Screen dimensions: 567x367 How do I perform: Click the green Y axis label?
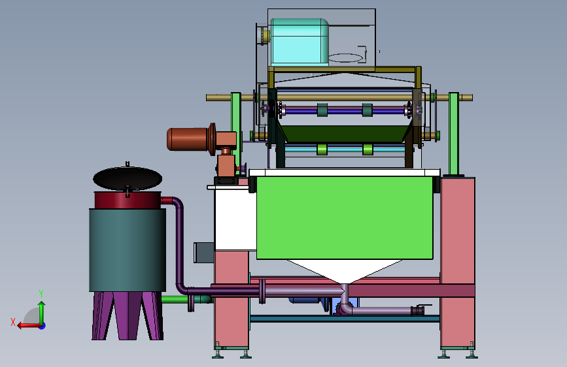pos(41,293)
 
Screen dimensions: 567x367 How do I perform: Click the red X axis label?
pos(13,322)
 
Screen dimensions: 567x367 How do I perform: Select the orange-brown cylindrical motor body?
pos(187,139)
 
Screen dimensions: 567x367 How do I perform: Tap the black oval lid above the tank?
pos(128,178)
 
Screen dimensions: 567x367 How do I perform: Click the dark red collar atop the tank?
pos(128,200)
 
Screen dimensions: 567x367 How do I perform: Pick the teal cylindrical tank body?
pos(128,250)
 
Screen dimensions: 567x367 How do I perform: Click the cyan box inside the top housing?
pos(300,42)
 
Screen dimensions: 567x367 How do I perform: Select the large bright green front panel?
pos(345,217)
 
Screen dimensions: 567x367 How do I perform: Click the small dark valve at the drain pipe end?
pos(418,310)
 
